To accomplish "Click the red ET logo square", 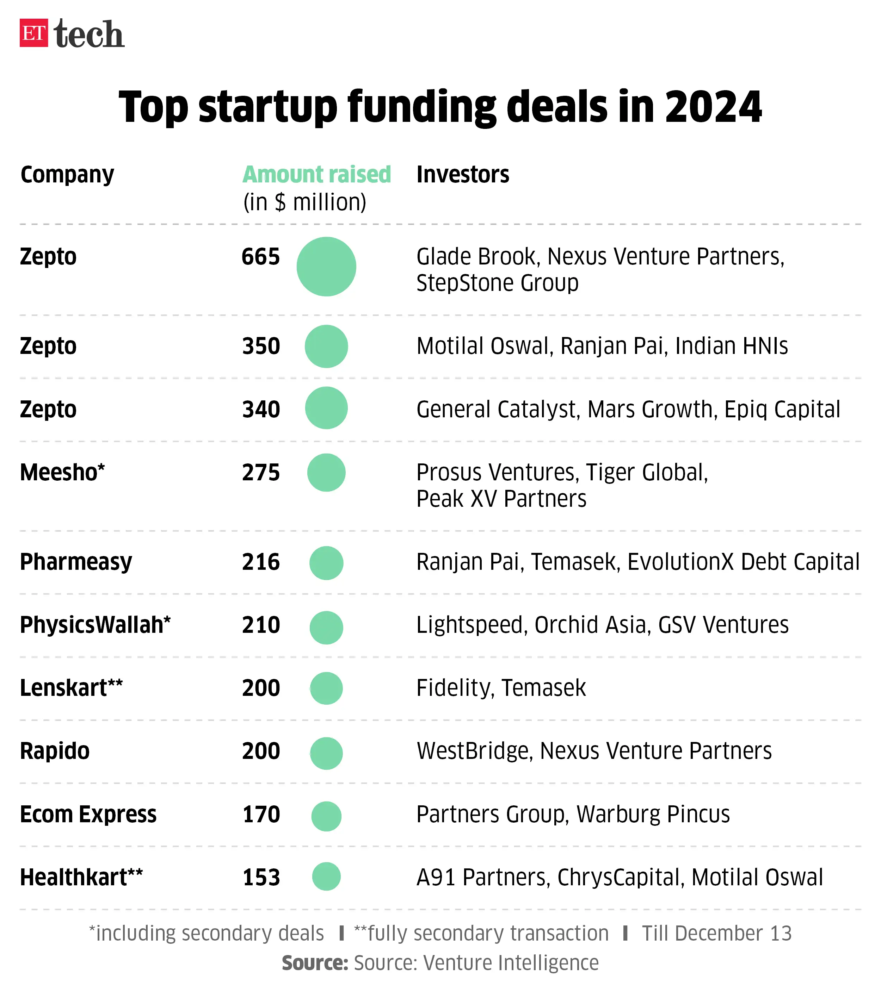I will point(33,33).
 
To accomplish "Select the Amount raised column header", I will point(317,174).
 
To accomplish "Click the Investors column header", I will point(462,174).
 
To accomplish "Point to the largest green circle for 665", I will point(326,267).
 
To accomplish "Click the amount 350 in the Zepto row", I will point(261,346).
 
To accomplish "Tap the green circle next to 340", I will point(326,408).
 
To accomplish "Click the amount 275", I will point(261,472).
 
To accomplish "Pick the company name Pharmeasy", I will point(76,562).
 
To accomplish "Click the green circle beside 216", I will point(326,563).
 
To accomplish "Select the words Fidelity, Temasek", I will point(501,688).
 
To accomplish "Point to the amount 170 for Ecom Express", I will point(261,815).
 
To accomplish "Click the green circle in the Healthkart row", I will point(326,876).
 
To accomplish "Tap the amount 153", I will point(261,878).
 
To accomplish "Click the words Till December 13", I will point(716,933).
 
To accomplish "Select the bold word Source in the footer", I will point(315,963).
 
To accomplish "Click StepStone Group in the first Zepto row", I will point(497,283).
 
